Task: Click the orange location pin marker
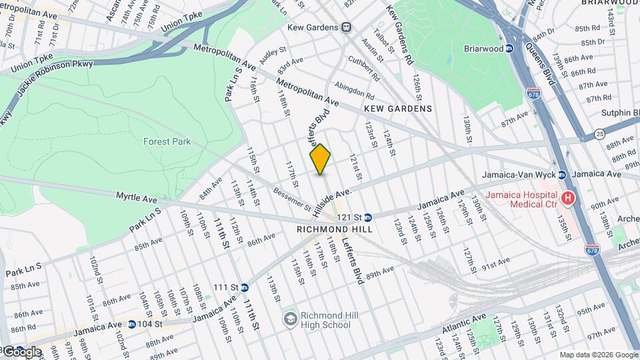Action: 320,159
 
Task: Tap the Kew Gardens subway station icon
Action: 346,27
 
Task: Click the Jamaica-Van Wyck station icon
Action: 562,175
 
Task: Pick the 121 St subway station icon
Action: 368,217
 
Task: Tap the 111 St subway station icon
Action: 245,287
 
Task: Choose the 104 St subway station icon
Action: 131,324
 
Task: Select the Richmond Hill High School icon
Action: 290,319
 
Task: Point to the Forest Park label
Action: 167,141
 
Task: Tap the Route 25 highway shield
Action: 600,133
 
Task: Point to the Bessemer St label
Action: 291,198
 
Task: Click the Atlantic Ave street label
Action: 463,325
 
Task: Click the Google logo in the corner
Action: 21,352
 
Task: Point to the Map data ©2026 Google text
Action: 597,355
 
